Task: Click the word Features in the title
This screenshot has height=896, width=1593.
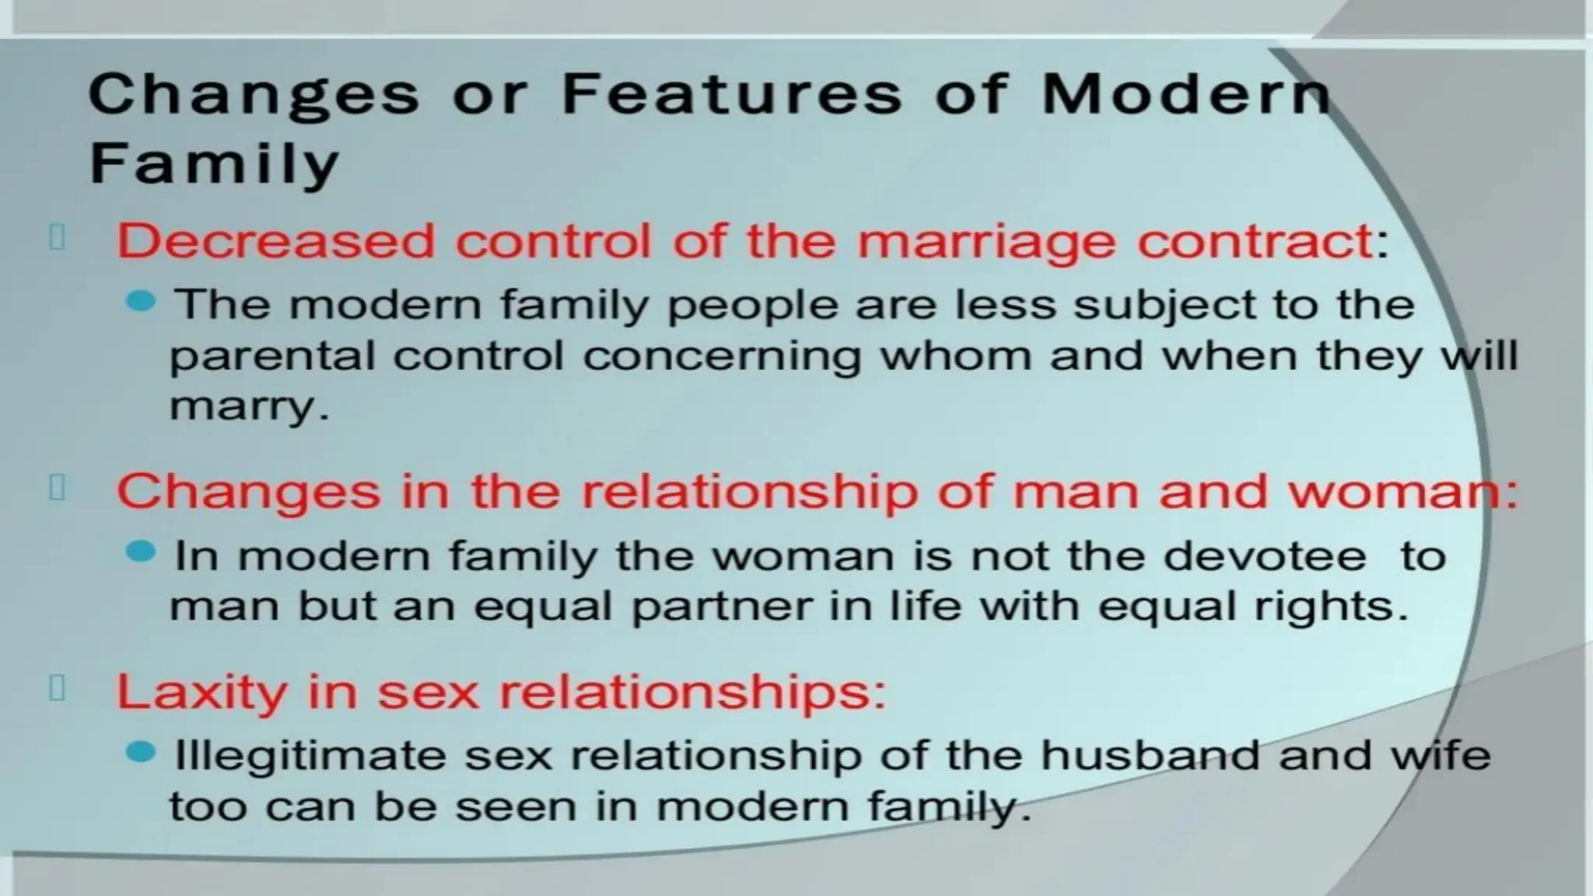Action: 731,95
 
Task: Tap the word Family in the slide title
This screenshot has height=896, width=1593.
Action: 215,163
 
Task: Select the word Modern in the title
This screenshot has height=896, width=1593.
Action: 1185,95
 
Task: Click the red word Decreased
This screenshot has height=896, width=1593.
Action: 275,241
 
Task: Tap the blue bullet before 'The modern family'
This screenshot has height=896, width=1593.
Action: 141,301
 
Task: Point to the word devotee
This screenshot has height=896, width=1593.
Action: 1265,556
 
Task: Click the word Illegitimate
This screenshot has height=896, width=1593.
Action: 310,756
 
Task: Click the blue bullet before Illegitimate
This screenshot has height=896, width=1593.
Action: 141,752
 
